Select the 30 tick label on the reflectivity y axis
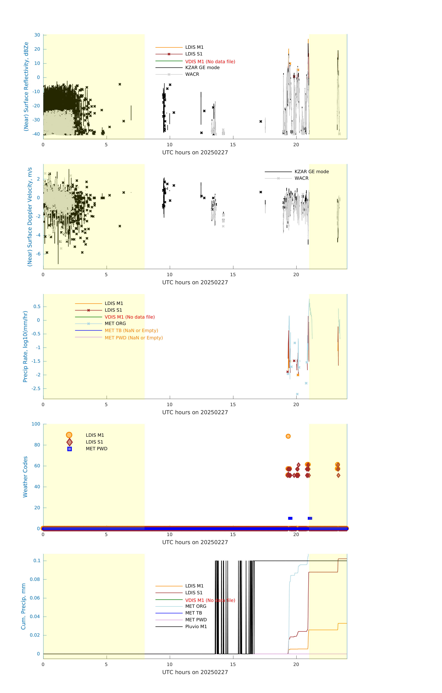(x=37, y=35)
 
